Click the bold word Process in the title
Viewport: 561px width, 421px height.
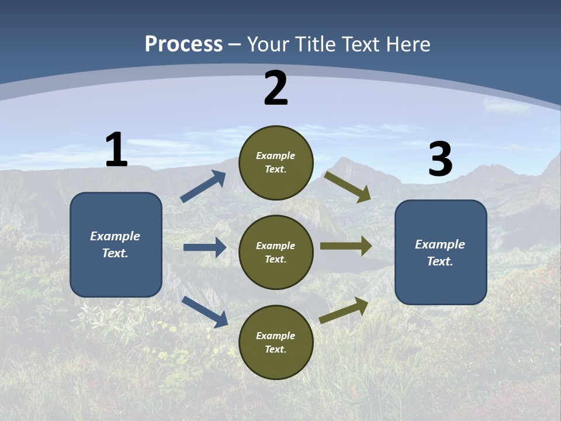pos(183,44)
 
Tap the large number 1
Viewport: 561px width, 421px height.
pos(116,150)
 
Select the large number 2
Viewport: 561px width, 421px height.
pos(276,89)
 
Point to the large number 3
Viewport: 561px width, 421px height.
pos(441,160)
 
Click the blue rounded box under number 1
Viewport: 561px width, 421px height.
pos(116,244)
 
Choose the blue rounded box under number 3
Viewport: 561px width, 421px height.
pos(441,252)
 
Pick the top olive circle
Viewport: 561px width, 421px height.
pos(276,163)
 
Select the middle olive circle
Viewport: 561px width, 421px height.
pos(276,252)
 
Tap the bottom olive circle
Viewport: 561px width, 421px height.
pos(276,342)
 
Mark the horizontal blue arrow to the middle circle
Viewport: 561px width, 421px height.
pos(205,247)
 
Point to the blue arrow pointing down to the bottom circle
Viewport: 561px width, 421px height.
pos(205,311)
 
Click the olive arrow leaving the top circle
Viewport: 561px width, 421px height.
pos(348,187)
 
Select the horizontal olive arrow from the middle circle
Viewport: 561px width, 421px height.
pos(345,246)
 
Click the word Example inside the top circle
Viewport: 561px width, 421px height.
pos(276,156)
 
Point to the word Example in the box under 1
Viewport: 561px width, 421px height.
pos(115,236)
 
